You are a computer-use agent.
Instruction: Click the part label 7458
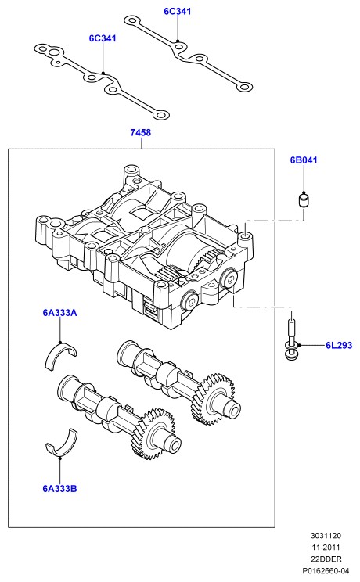point(140,132)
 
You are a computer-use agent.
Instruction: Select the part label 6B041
point(304,160)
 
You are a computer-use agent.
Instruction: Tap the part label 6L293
point(339,345)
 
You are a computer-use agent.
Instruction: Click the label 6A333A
point(59,313)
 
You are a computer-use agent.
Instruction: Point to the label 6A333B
point(59,489)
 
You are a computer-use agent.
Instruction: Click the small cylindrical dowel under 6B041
point(304,200)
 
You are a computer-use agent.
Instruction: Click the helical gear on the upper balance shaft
point(213,399)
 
